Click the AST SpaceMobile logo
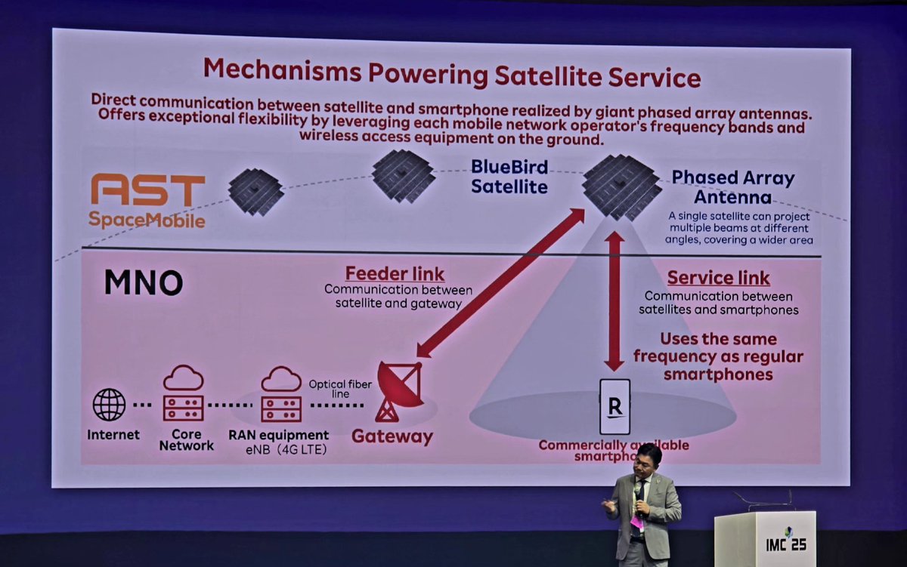pyautogui.click(x=147, y=201)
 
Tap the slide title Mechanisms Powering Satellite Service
pyautogui.click(x=452, y=74)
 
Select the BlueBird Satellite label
pyautogui.click(x=509, y=175)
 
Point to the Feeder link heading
pyautogui.click(x=394, y=273)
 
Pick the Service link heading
pyautogui.click(x=718, y=278)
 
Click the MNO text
pyautogui.click(x=143, y=282)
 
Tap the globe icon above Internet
pyautogui.click(x=110, y=405)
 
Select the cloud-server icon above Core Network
pyautogui.click(x=183, y=394)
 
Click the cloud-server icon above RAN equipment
pyautogui.click(x=281, y=394)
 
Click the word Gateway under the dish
pyautogui.click(x=392, y=437)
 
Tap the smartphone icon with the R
pyautogui.click(x=614, y=408)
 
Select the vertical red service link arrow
pyautogui.click(x=614, y=300)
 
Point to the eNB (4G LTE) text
pyautogui.click(x=279, y=450)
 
